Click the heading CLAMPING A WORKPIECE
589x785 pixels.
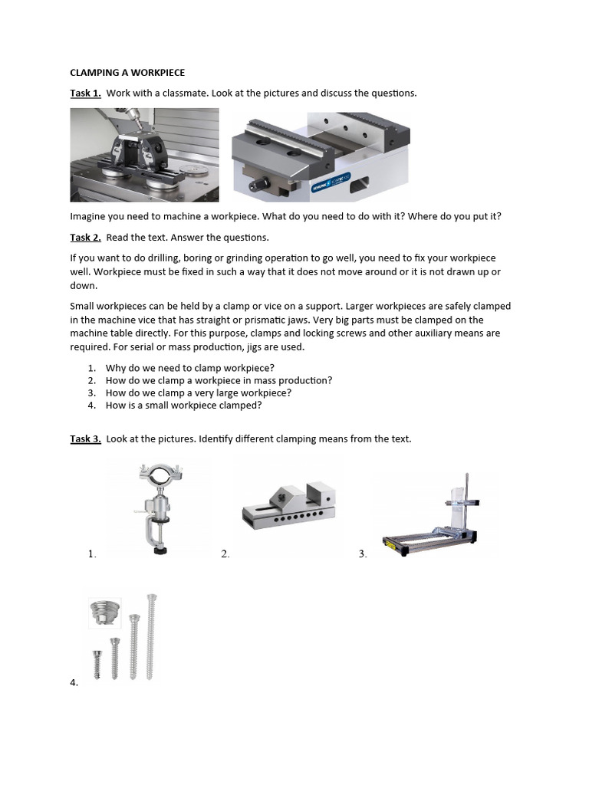pyautogui.click(x=127, y=73)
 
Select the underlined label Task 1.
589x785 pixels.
pyautogui.click(x=85, y=93)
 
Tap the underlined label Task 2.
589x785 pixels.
pyautogui.click(x=85, y=237)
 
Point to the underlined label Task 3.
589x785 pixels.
pyautogui.click(x=85, y=438)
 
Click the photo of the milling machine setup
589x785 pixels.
pyautogui.click(x=144, y=154)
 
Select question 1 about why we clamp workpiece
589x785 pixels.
pyautogui.click(x=189, y=368)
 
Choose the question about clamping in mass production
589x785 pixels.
pyautogui.click(x=219, y=380)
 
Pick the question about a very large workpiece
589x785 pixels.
pyautogui.click(x=199, y=392)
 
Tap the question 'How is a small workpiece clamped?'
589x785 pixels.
pyautogui.click(x=183, y=405)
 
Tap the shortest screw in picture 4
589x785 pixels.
pyautogui.click(x=97, y=662)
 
